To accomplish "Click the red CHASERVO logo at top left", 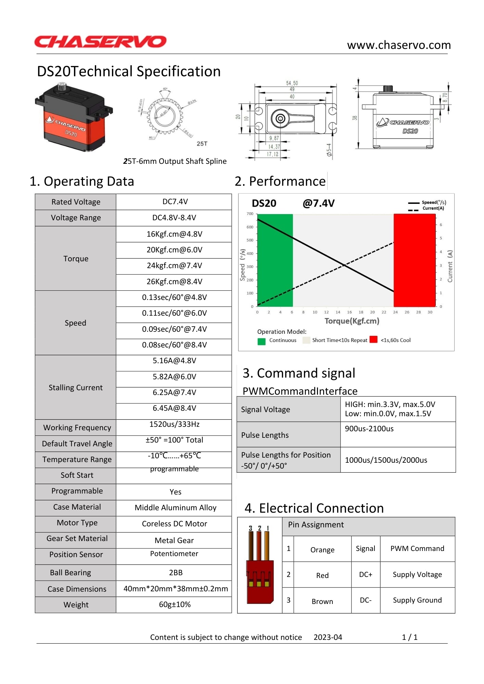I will click(100, 42).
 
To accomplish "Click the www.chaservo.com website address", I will click(398, 45).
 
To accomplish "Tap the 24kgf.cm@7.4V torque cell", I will click(174, 266).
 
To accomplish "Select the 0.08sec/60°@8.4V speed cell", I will click(174, 345).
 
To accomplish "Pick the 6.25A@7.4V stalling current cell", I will click(174, 392).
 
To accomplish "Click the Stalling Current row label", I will click(75, 387).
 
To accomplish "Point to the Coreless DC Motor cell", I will click(174, 524).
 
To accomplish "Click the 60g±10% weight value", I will click(175, 604).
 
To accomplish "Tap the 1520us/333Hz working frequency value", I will click(174, 424).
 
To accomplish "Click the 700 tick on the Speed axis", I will click(250, 214).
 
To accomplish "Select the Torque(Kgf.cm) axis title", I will click(352, 321).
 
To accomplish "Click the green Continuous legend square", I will click(262, 341).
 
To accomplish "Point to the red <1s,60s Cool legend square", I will click(373, 339).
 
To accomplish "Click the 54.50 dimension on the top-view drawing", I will click(292, 83).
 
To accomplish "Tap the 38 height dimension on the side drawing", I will click(355, 118).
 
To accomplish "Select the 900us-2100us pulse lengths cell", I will click(369, 429).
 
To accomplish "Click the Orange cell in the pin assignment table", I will click(322, 550).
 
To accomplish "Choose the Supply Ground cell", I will click(417, 600).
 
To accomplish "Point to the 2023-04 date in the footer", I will click(328, 637).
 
